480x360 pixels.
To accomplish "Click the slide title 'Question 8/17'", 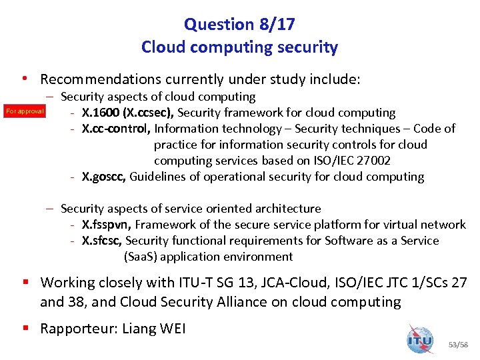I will point(239,25).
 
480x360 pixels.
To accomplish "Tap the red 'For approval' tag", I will point(25,111).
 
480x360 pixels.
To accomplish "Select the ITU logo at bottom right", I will point(420,339).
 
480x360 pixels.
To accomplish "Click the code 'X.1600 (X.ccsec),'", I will point(129,113).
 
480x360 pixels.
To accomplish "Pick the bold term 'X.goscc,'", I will point(104,177).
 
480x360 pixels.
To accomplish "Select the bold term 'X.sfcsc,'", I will point(102,241).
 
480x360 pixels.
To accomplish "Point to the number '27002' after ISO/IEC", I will point(373,161).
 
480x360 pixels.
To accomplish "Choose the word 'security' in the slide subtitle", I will point(309,48).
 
